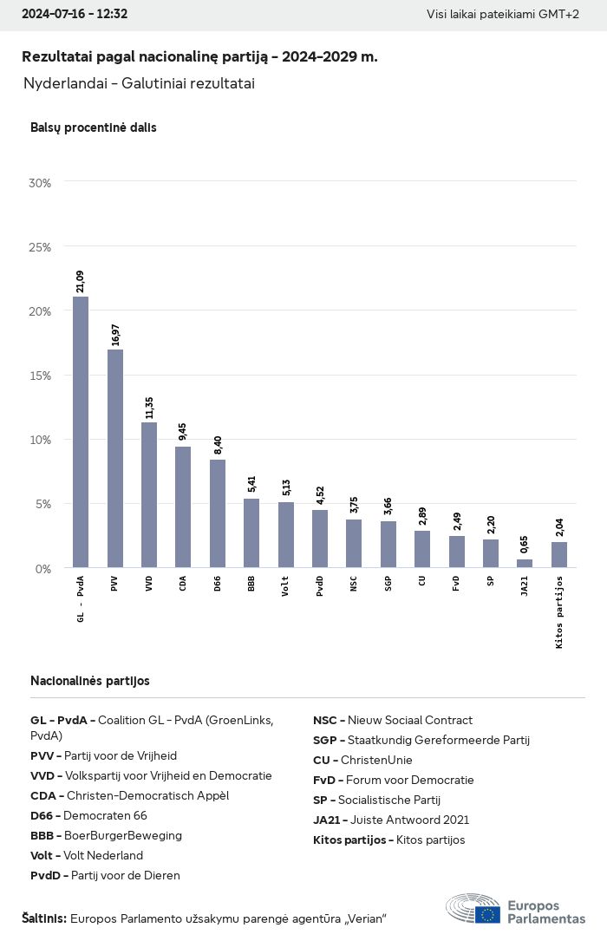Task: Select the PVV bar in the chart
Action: [x=114, y=459]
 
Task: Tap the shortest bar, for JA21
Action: [x=525, y=564]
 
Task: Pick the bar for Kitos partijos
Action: [x=558, y=555]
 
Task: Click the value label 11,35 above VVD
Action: [x=149, y=407]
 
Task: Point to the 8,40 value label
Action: [x=218, y=445]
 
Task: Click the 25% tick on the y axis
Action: [x=40, y=247]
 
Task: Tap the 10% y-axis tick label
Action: [x=40, y=440]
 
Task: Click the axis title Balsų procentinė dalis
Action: [x=93, y=127]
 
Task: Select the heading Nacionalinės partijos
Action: [x=89, y=681]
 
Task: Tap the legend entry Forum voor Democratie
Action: [x=393, y=780]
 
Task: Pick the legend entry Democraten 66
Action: [x=88, y=815]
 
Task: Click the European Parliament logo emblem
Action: [x=473, y=909]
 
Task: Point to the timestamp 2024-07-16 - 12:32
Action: [x=75, y=14]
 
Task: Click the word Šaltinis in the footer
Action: [x=43, y=918]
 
